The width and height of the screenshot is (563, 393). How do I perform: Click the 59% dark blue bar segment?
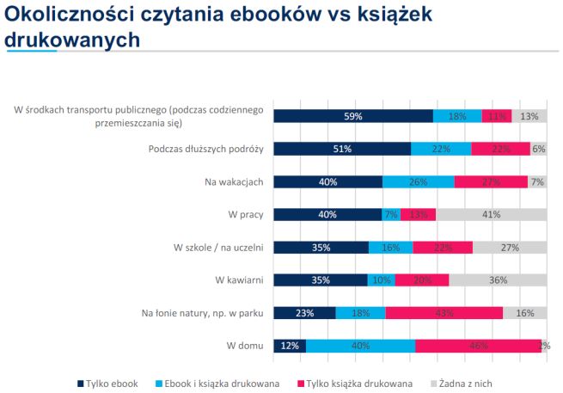tap(353, 116)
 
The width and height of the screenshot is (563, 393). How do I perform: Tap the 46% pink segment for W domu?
tap(478, 346)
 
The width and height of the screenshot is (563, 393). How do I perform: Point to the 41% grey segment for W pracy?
tap(491, 214)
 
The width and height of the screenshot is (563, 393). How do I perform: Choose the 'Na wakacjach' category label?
tap(234, 181)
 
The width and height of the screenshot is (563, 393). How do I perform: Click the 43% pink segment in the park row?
tap(444, 313)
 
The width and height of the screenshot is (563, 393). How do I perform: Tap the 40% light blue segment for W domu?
tap(360, 346)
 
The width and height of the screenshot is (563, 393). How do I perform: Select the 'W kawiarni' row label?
tap(239, 279)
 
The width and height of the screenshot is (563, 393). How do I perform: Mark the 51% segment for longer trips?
tap(342, 149)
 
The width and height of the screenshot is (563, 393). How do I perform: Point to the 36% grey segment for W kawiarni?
tap(497, 279)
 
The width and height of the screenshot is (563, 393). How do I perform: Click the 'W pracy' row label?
tap(245, 214)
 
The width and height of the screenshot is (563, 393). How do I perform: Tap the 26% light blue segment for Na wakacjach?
tap(418, 181)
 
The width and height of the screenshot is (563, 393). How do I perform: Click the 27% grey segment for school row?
tap(509, 247)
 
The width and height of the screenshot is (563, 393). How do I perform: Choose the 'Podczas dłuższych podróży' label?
tap(205, 149)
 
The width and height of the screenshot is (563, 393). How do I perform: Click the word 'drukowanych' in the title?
tap(72, 40)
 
